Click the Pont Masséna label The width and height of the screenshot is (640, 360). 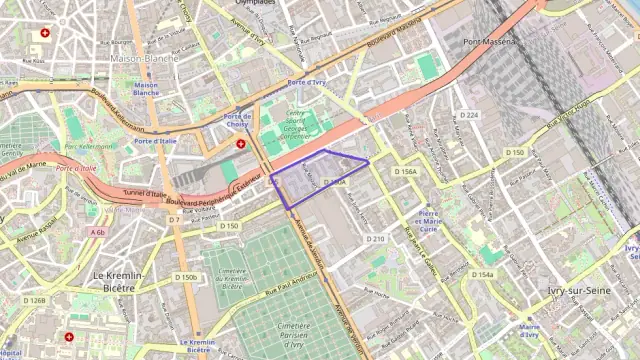point(490,42)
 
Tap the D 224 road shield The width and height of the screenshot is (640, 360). point(469,115)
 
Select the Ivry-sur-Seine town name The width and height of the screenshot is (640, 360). point(572,290)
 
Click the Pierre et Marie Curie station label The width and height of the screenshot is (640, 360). point(428,221)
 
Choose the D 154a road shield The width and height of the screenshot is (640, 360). point(483,274)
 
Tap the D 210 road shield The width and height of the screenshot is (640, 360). point(375,239)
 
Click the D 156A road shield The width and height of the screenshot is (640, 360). point(405,172)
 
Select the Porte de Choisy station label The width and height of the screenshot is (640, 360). point(237,120)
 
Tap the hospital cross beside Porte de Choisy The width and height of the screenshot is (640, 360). point(240,143)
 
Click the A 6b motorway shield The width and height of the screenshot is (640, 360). point(97,232)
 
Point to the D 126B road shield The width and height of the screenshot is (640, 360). point(35,300)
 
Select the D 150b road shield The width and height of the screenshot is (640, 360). point(186,277)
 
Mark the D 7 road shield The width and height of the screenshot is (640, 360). point(173,219)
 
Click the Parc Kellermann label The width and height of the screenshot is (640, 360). point(90,147)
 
